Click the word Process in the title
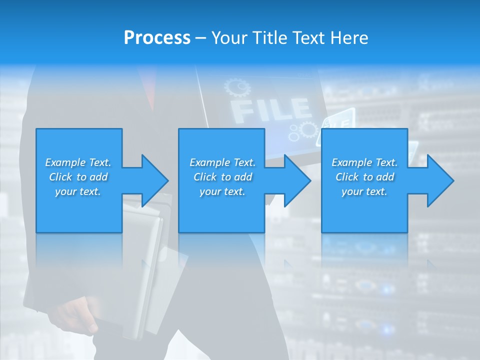[x=157, y=38]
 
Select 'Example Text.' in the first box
[x=78, y=162]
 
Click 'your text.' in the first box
[x=78, y=191]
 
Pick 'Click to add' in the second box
[x=222, y=177]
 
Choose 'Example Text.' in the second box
[x=222, y=162]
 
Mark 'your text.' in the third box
[x=364, y=191]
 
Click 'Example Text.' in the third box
[x=364, y=162]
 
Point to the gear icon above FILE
[x=237, y=88]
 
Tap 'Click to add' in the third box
[x=364, y=177]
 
